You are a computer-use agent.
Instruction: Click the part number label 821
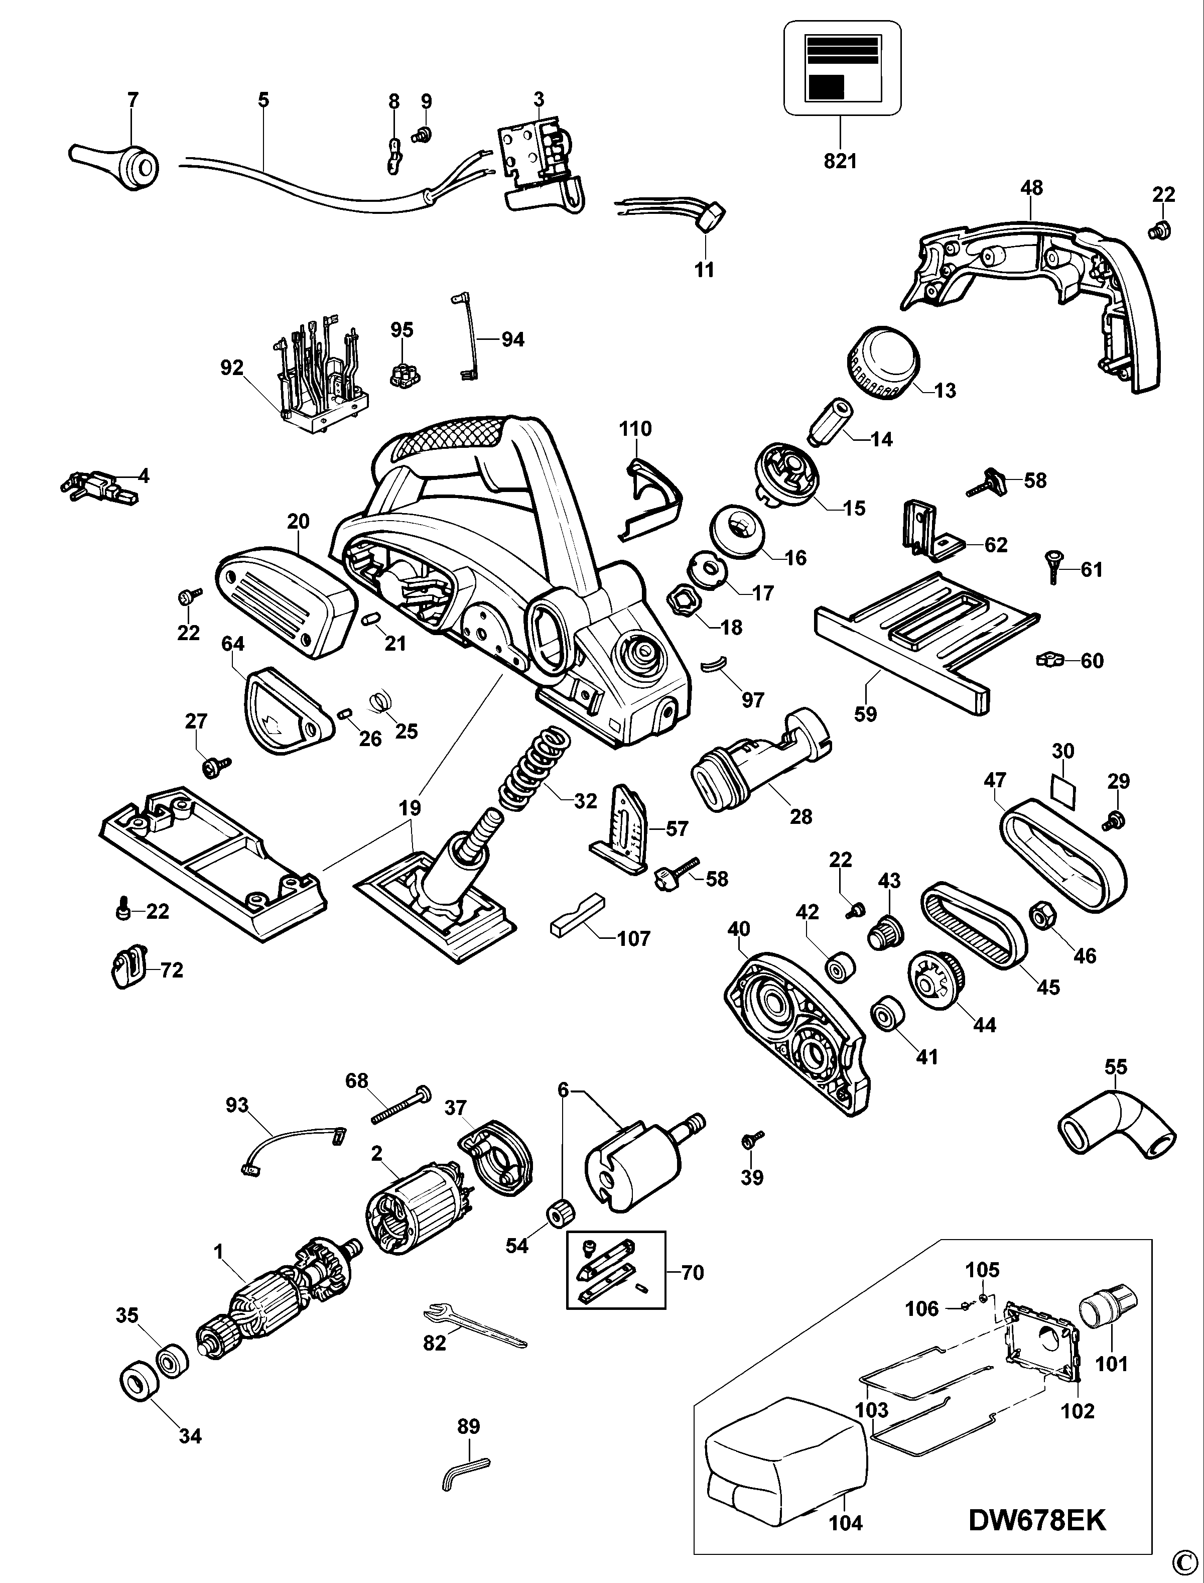tap(840, 161)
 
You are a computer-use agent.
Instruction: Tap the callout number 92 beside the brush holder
tap(232, 368)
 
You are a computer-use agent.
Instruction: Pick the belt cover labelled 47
tap(1063, 857)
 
